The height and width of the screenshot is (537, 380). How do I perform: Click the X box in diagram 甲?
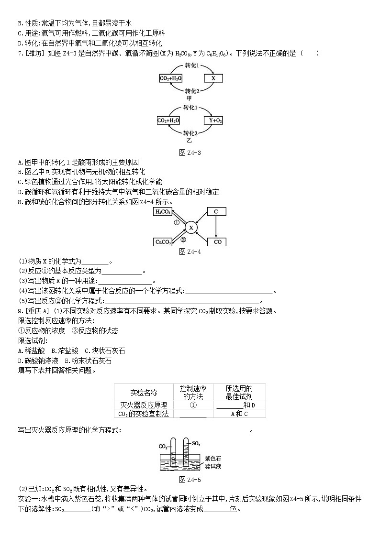click(x=213, y=78)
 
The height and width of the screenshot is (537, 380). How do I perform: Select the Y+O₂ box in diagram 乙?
click(x=213, y=121)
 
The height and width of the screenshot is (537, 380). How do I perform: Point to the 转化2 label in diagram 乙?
click(x=191, y=132)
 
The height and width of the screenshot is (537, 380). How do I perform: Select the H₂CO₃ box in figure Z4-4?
click(x=163, y=212)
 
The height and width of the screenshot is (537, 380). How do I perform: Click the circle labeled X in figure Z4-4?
click(x=190, y=228)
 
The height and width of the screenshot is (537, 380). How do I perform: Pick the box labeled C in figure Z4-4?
click(x=216, y=212)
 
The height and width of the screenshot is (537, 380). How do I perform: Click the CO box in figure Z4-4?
click(x=216, y=242)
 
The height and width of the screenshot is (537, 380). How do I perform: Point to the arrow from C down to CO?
click(x=216, y=227)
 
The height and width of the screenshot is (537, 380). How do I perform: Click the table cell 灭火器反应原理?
click(x=143, y=405)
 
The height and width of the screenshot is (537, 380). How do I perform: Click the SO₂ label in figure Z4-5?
click(x=196, y=443)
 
